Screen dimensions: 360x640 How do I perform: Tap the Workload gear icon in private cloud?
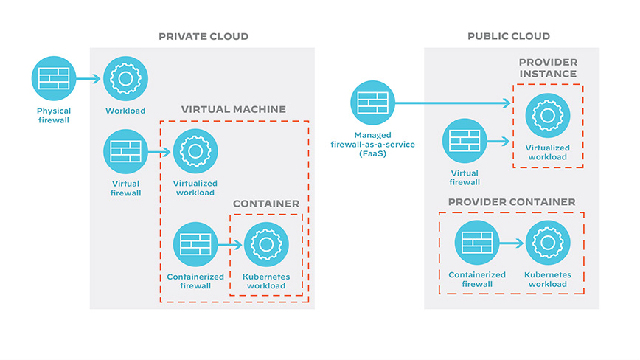[x=125, y=78]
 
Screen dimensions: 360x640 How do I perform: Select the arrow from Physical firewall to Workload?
[x=89, y=79]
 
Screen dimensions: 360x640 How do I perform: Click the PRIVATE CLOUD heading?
[x=204, y=36]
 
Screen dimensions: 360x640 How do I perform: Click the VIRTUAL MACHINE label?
[x=234, y=109]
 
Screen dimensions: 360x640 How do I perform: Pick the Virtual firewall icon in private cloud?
[x=125, y=151]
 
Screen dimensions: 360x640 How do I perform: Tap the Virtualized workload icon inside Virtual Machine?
[x=195, y=151]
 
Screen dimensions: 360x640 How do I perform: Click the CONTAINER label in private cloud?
[x=266, y=203]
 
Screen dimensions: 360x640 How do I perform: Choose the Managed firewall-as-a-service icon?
[x=373, y=103]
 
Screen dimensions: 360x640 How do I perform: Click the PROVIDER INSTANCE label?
[x=547, y=69]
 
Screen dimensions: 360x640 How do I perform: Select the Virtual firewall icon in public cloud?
[x=465, y=141]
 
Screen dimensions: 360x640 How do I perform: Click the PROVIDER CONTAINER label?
[x=512, y=201]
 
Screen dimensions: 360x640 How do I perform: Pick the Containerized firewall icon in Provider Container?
[x=477, y=243]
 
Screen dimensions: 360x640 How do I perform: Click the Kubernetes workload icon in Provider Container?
[x=547, y=243]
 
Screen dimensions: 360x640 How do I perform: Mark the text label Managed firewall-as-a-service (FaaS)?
[x=373, y=145]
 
